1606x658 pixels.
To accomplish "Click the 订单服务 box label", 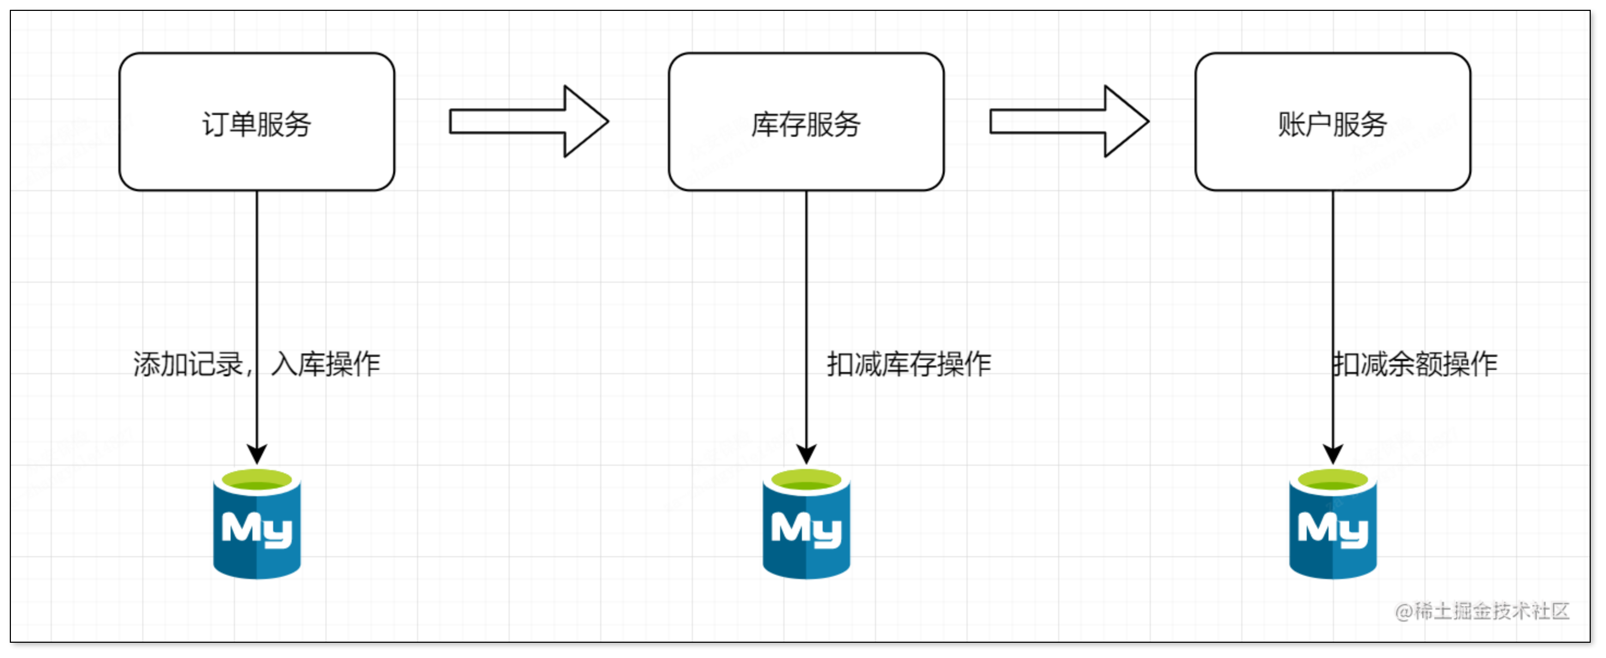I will pyautogui.click(x=256, y=124).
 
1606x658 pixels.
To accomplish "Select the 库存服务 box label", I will pyautogui.click(x=806, y=124).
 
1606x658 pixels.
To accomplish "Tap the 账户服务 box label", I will pyautogui.click(x=1332, y=124).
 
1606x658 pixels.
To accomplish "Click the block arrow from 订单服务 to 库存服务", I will pyautogui.click(x=529, y=121).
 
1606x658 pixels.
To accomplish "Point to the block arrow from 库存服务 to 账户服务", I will pyautogui.click(x=1069, y=121).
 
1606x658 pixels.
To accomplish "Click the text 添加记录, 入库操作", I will pyautogui.click(x=256, y=364).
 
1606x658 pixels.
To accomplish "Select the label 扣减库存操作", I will pyautogui.click(x=908, y=364).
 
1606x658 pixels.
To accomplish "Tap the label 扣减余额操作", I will pyautogui.click(x=1415, y=364).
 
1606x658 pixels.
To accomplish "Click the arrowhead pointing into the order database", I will pyautogui.click(x=257, y=454).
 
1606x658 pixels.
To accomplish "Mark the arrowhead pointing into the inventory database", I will pyautogui.click(x=806, y=454).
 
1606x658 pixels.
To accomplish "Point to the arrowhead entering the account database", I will pyautogui.click(x=1333, y=454).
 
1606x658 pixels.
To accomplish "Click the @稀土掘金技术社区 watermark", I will pyautogui.click(x=1482, y=611).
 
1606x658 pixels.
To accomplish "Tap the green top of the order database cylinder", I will pyautogui.click(x=257, y=481).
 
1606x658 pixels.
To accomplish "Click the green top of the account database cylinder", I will pyautogui.click(x=1333, y=481).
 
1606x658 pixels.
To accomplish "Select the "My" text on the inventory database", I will pyautogui.click(x=806, y=529).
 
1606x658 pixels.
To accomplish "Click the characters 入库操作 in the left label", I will pyautogui.click(x=325, y=364).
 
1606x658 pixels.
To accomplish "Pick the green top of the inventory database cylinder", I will pyautogui.click(x=806, y=481).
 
